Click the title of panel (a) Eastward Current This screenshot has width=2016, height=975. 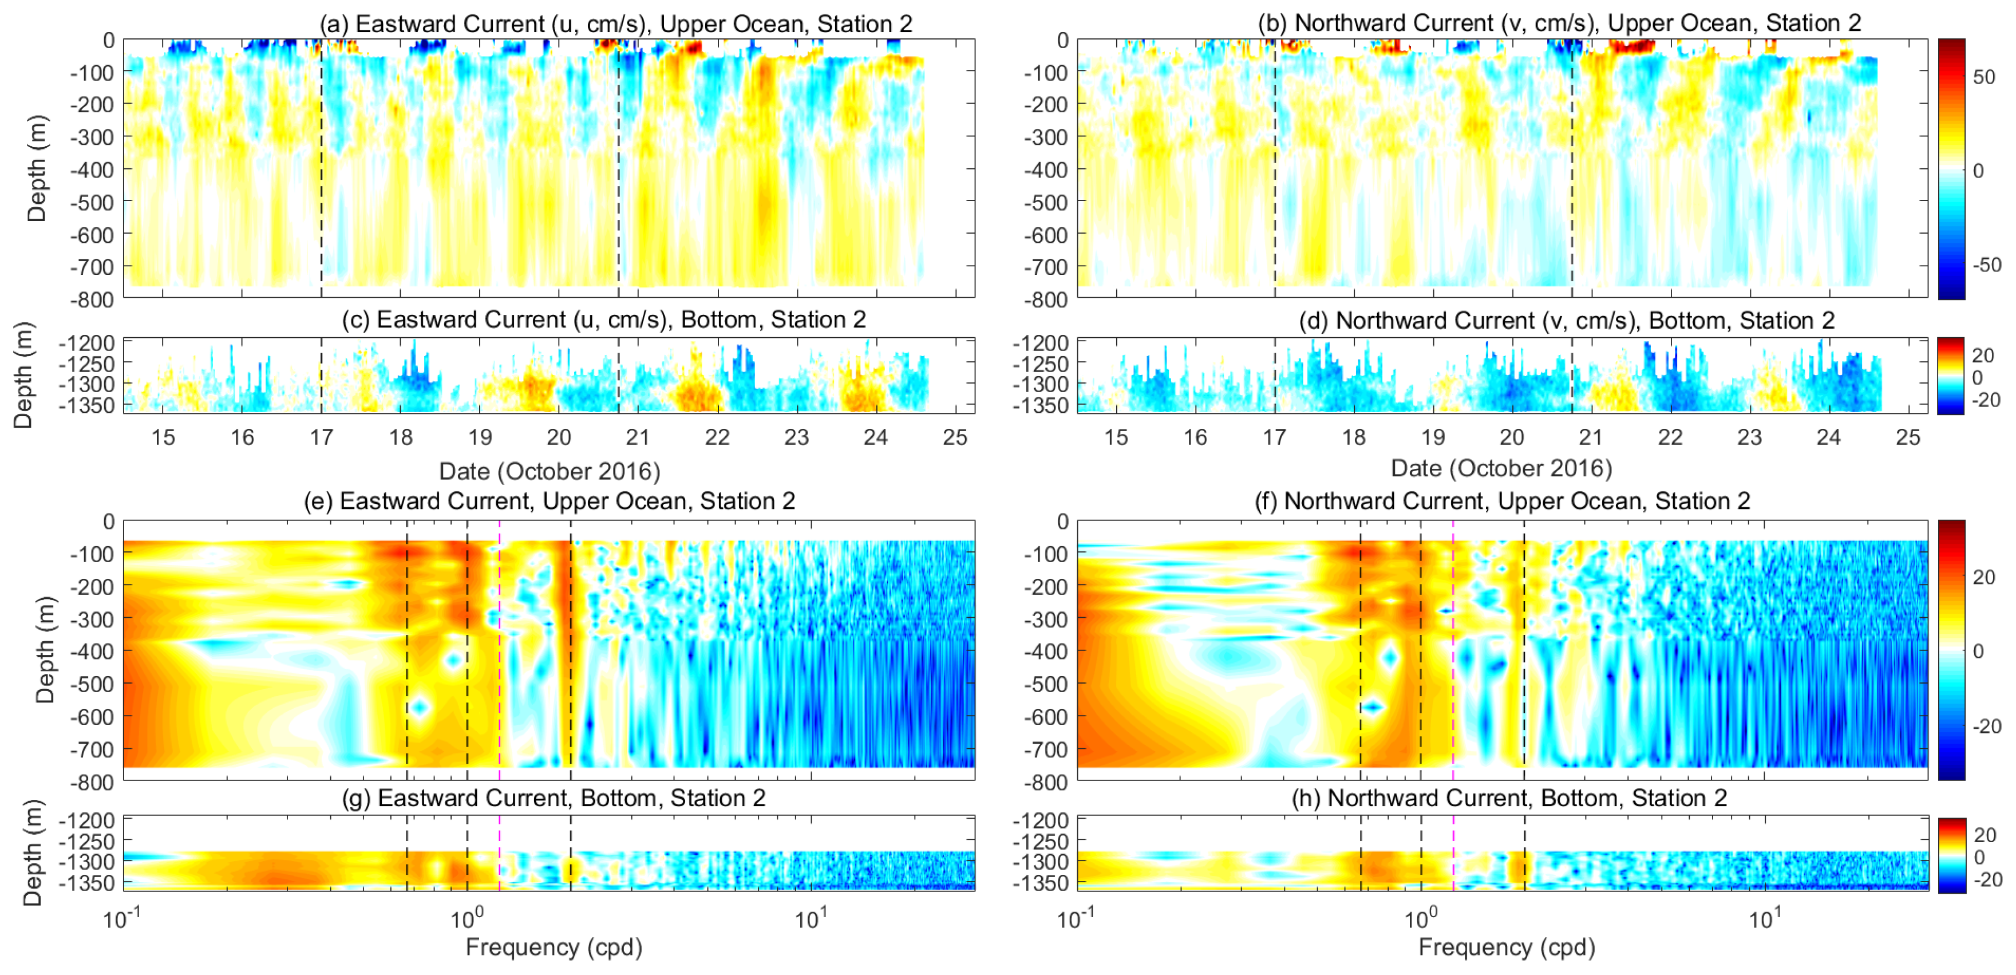pyautogui.click(x=615, y=23)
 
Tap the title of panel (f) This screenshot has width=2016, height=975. pyautogui.click(x=1502, y=501)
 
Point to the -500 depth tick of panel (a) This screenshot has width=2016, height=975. pyautogui.click(x=92, y=202)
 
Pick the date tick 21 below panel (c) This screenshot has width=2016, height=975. pyautogui.click(x=638, y=437)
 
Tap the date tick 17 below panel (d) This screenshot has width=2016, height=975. pyautogui.click(x=1274, y=437)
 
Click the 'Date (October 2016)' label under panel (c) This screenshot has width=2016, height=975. pyautogui.click(x=550, y=471)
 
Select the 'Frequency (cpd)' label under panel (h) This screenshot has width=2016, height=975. pyautogui.click(x=1507, y=947)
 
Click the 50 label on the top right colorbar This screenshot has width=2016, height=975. pyautogui.click(x=1984, y=77)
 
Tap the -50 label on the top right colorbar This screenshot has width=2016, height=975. pyautogui.click(x=1986, y=265)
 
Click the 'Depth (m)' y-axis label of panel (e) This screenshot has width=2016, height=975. pyautogui.click(x=45, y=649)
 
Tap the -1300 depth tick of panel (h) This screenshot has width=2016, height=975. pyautogui.click(x=1040, y=862)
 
